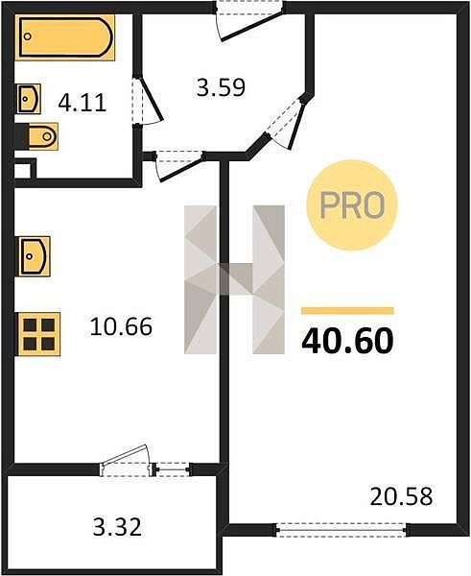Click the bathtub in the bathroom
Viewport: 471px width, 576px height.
64,37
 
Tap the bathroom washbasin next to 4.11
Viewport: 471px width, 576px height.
28,99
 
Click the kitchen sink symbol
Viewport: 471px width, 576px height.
33,256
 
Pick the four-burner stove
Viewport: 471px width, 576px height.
38,334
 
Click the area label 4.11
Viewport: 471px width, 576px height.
82,103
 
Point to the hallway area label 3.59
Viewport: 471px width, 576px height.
221,88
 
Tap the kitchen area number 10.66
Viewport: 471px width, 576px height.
121,326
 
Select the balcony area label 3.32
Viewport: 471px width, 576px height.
117,527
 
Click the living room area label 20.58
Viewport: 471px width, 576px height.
401,496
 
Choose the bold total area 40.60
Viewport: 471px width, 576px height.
347,341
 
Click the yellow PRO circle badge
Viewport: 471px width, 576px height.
352,205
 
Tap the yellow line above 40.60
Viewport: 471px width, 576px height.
347,311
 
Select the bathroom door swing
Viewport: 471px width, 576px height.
150,101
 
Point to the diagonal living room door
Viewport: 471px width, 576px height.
289,120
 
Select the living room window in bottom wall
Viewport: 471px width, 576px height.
341,530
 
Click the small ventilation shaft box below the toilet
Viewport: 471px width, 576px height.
24,169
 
